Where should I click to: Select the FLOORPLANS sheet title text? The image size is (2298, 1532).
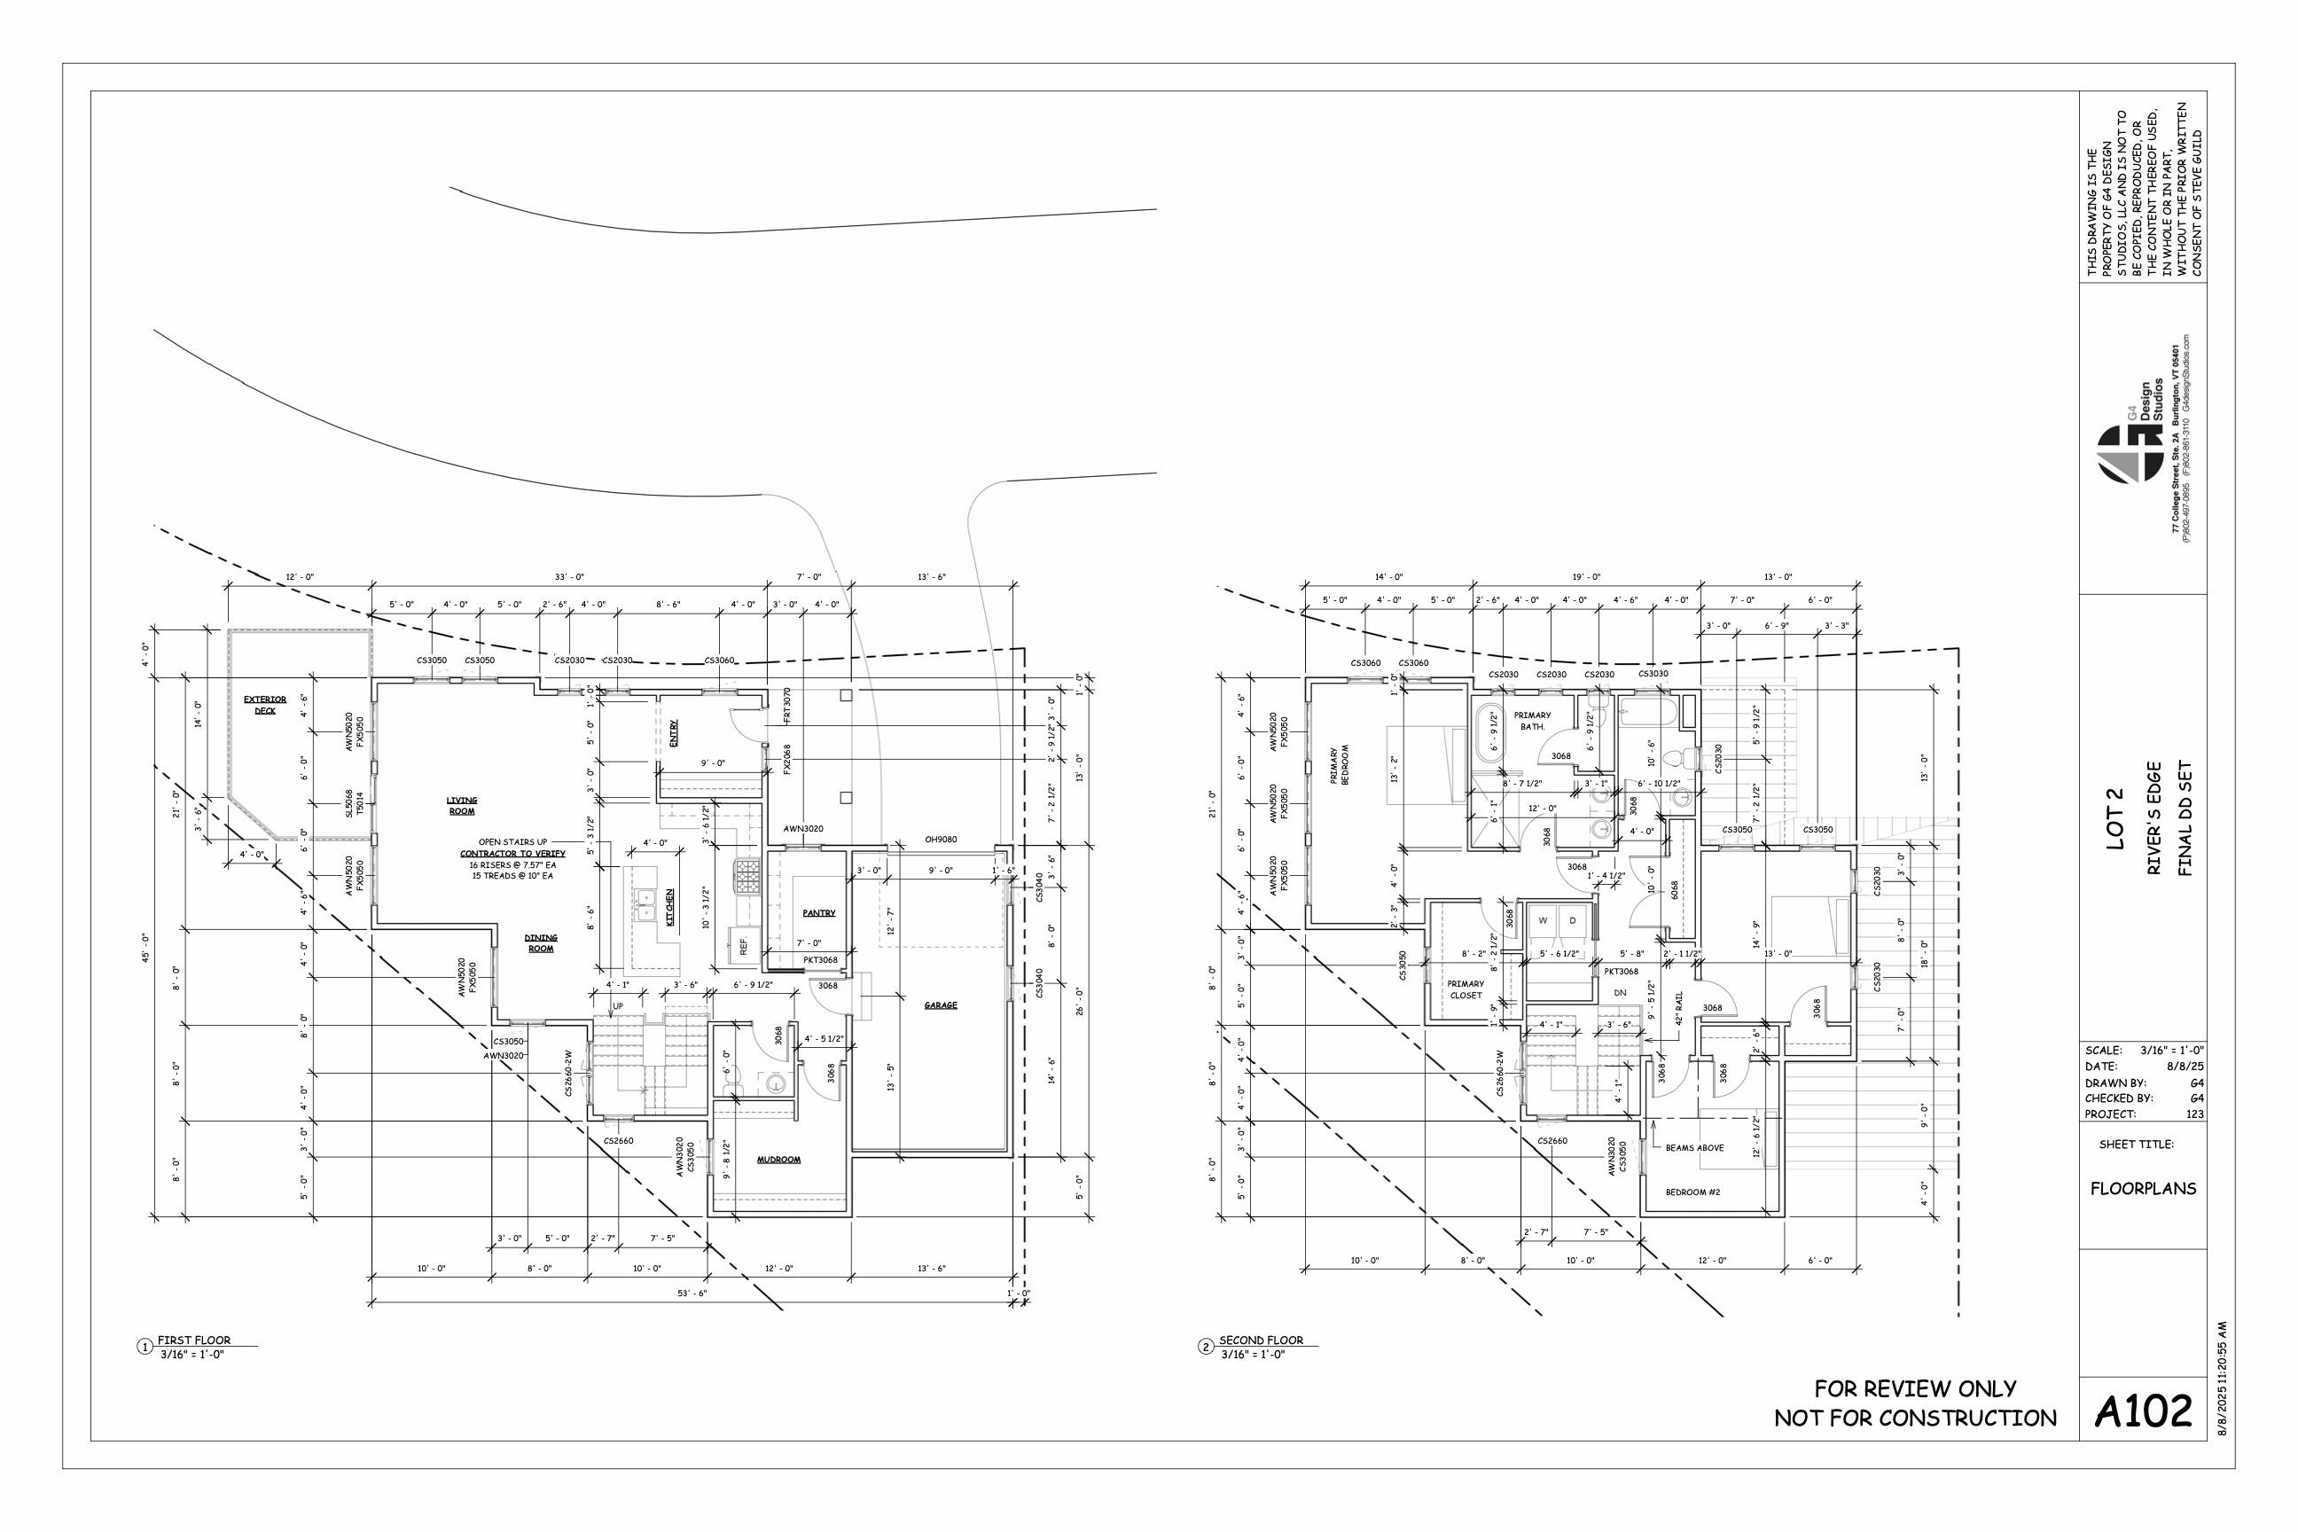[x=2143, y=1189]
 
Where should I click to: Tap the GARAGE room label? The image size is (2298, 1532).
[x=941, y=1005]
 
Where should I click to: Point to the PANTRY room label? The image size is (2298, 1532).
[x=819, y=913]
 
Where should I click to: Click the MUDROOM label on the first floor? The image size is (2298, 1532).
[x=778, y=1160]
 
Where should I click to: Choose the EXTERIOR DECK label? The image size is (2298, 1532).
[x=265, y=705]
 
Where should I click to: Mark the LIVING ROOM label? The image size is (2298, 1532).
[x=461, y=806]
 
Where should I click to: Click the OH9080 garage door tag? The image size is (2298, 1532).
[x=941, y=840]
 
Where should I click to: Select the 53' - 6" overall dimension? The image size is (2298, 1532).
[x=692, y=1293]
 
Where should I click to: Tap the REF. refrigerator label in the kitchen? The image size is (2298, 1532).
[x=744, y=946]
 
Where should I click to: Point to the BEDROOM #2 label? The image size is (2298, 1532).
[x=1693, y=1192]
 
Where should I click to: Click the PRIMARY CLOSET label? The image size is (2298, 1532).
[x=1466, y=989]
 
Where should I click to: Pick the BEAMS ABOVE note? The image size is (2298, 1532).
[x=1694, y=1148]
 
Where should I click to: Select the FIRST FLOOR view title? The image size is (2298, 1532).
[x=194, y=1340]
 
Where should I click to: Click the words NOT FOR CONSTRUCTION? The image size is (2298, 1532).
[x=1915, y=1418]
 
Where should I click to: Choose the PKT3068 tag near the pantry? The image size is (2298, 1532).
[x=819, y=960]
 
